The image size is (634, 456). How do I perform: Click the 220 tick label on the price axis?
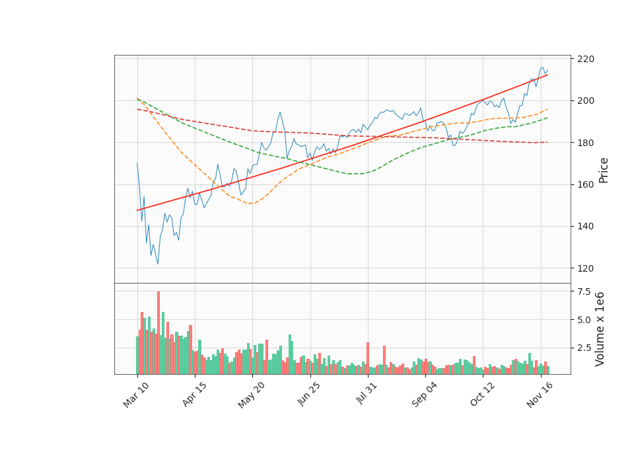click(x=585, y=59)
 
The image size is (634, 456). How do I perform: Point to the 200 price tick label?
click(x=585, y=100)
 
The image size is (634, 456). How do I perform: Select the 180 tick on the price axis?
click(x=585, y=143)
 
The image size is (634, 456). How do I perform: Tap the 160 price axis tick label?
click(x=585, y=184)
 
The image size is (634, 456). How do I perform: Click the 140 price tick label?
click(x=585, y=226)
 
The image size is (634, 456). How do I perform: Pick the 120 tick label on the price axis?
click(x=585, y=268)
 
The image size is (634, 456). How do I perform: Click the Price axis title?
click(x=604, y=170)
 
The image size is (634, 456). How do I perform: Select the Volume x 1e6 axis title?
click(x=600, y=328)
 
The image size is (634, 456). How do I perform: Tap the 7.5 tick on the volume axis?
click(x=584, y=291)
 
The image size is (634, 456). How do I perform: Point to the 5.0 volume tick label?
click(x=584, y=320)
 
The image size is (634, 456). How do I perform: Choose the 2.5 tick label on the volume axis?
click(x=584, y=348)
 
